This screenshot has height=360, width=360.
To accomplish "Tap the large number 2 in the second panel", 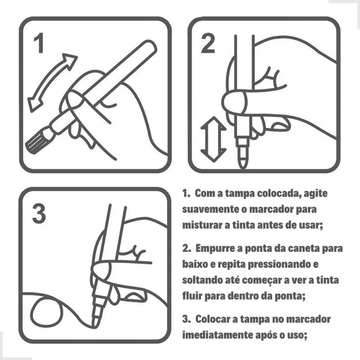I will point(207,44).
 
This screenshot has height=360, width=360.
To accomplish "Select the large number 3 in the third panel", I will point(39,214).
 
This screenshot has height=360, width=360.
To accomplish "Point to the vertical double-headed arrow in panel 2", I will point(213,139).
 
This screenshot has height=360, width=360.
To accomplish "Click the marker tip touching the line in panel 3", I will point(96,320).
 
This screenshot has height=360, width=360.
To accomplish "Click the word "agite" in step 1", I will point(318,194).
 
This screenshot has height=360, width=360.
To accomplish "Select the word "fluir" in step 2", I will point(192,296).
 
